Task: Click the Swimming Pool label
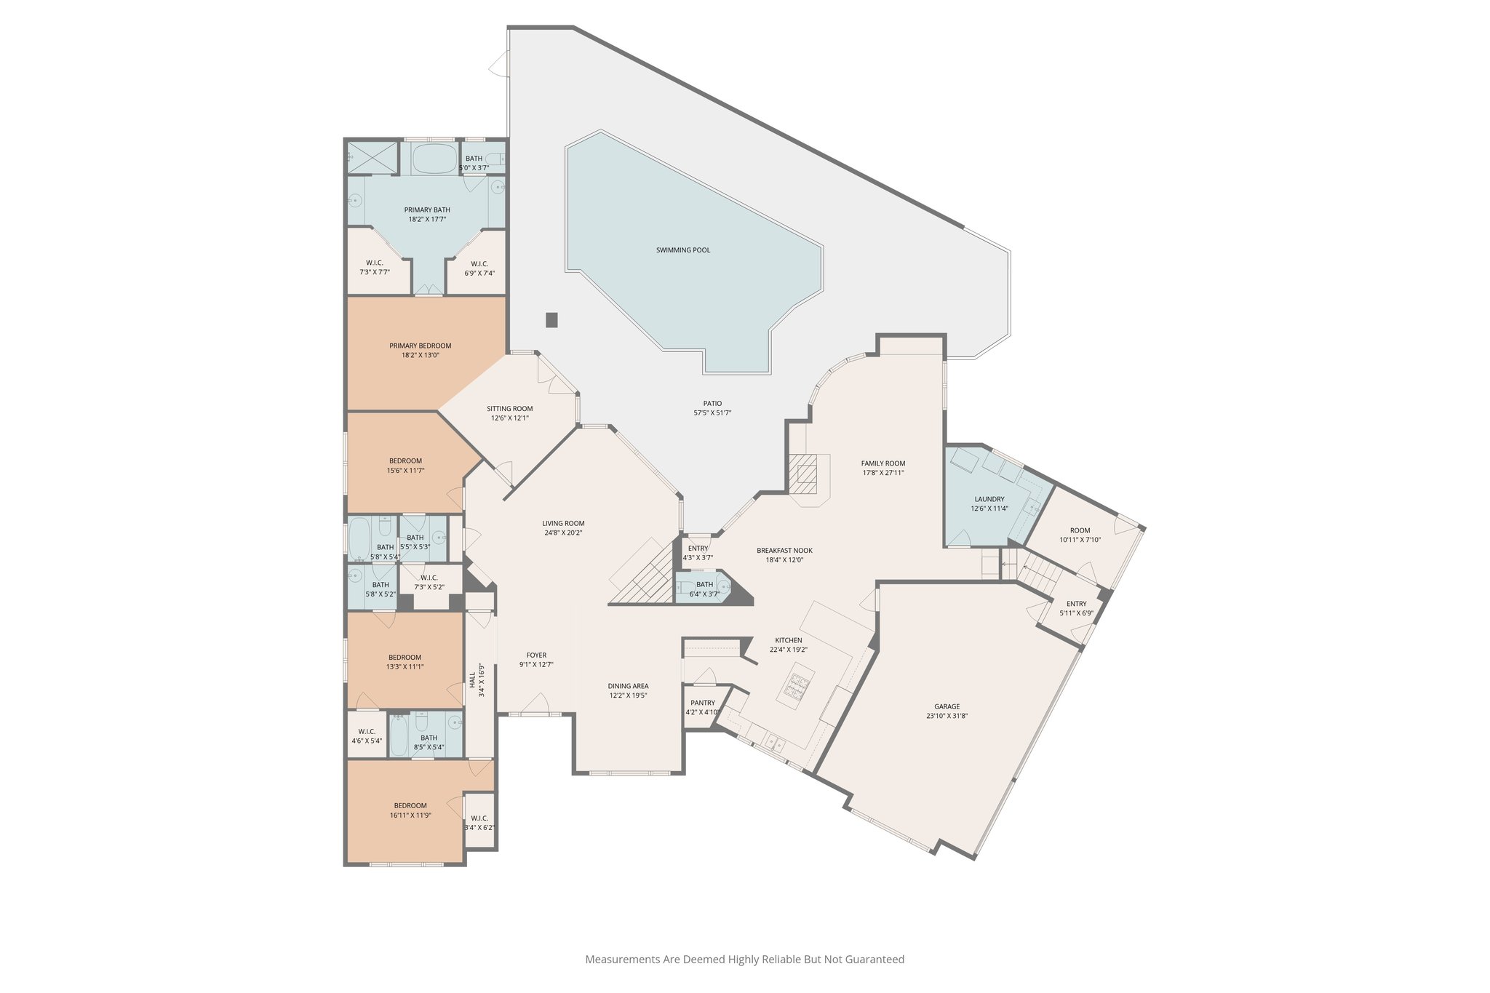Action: coord(682,250)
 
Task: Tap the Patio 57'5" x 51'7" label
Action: coord(712,408)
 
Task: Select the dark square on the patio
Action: coord(551,320)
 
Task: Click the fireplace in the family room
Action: coord(807,474)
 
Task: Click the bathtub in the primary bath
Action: coord(434,158)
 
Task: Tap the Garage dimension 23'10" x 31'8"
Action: coord(947,716)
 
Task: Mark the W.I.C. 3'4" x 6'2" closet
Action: coord(479,822)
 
